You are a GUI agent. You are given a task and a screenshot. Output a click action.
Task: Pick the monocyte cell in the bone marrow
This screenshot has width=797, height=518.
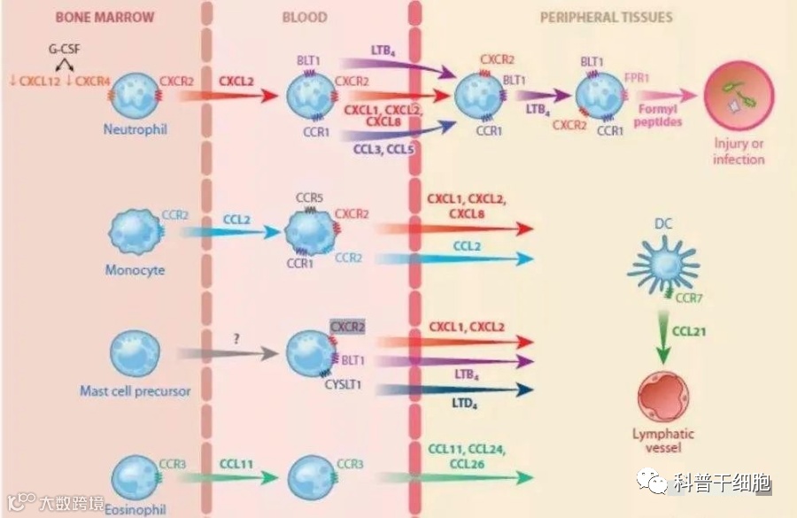tap(135, 232)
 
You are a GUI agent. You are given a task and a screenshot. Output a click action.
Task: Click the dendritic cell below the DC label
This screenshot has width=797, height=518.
tap(665, 263)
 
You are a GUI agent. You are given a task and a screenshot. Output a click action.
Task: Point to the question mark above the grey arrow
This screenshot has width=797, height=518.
tap(236, 337)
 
